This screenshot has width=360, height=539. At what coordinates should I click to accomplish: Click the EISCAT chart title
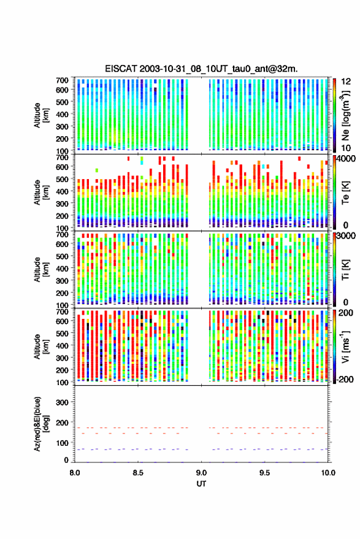click(201, 69)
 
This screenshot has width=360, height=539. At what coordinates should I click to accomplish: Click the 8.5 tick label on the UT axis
click(138, 473)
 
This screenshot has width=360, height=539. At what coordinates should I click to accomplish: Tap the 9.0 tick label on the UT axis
click(201, 473)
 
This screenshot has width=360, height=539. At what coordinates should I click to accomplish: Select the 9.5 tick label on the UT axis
click(264, 473)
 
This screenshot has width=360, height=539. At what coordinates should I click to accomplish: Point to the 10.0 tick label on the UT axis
click(328, 473)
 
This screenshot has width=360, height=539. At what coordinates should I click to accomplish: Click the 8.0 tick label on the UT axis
click(75, 473)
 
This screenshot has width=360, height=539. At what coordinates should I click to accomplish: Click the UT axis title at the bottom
click(201, 484)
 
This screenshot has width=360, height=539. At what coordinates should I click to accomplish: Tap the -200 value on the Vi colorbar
click(344, 380)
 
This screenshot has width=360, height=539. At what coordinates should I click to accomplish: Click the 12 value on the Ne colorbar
click(346, 82)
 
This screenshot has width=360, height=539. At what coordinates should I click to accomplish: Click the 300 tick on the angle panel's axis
click(62, 402)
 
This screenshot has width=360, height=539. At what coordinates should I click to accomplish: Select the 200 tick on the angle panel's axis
click(62, 422)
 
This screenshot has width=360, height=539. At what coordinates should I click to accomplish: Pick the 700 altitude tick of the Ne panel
click(62, 80)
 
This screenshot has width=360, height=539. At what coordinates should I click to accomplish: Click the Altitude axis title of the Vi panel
click(41, 346)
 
